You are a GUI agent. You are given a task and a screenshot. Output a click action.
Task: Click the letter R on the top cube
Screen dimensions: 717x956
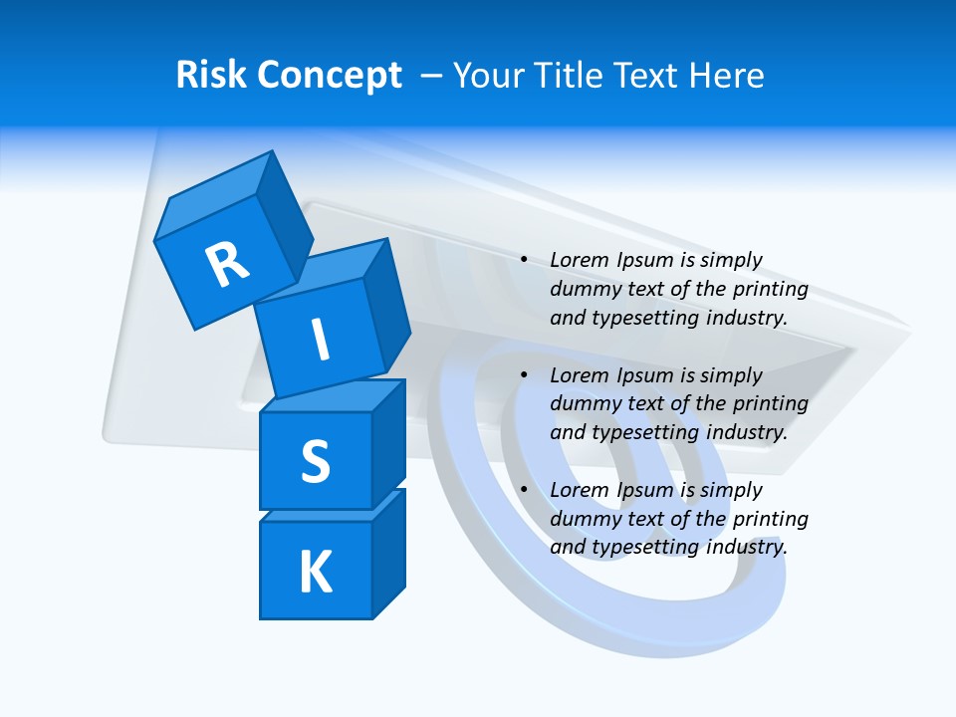[227, 264]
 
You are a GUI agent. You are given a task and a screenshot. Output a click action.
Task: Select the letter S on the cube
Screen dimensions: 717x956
[315, 461]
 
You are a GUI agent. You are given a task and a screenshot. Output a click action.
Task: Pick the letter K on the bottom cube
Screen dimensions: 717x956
[315, 573]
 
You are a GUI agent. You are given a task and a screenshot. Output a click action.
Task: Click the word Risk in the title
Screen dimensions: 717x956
[210, 75]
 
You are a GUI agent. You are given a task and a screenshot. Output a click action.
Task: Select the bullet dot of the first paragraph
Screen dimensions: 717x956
[524, 261]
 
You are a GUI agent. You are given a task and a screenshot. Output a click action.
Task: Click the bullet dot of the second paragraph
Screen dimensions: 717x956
[524, 375]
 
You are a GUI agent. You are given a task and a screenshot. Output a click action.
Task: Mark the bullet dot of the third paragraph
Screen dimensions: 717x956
[524, 490]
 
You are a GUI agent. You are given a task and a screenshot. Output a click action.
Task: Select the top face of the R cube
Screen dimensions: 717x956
[213, 199]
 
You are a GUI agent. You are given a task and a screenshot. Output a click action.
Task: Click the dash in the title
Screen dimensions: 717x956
[432, 76]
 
